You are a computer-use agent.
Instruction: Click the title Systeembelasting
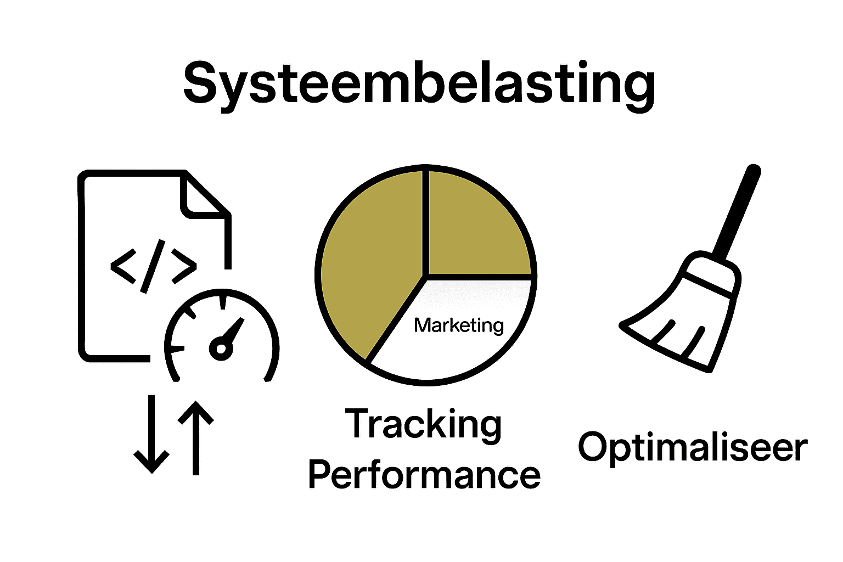click(x=419, y=83)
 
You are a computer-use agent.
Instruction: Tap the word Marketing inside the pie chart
click(x=459, y=325)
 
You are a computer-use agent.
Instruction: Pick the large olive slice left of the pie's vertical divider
click(x=368, y=263)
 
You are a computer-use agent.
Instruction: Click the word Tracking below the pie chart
click(x=423, y=424)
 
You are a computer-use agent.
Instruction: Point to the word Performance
click(x=424, y=475)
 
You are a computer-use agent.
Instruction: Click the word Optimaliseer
click(x=693, y=447)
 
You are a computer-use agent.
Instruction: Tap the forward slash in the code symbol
click(x=153, y=266)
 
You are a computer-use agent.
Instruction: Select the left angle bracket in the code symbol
click(x=123, y=266)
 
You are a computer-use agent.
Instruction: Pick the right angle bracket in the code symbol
click(x=184, y=266)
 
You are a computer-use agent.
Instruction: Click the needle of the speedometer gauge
click(x=233, y=332)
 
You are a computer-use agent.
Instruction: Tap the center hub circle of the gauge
click(x=220, y=349)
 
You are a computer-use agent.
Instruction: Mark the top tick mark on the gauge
click(x=222, y=302)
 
